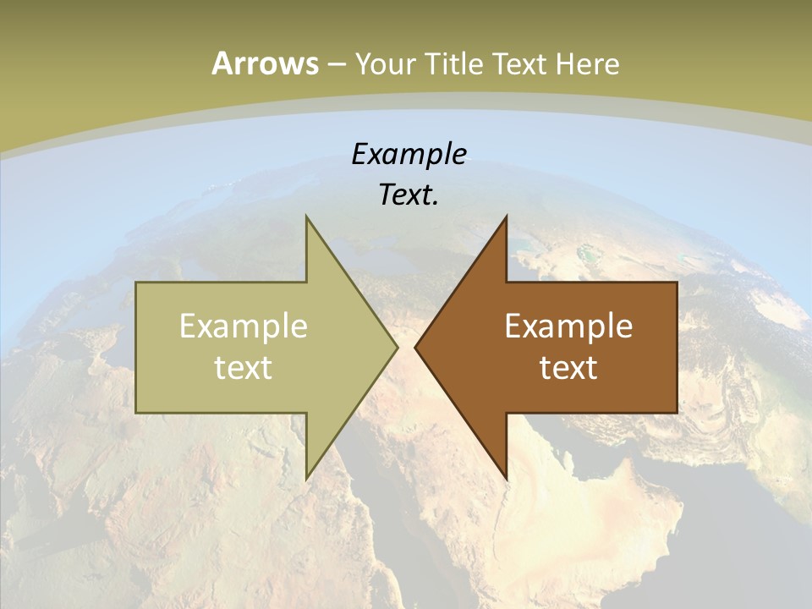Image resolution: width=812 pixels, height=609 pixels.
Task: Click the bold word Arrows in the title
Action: coord(265,63)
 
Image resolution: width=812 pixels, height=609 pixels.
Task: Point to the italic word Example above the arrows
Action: coord(409,155)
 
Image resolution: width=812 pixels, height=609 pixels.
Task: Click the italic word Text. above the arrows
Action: coord(409,195)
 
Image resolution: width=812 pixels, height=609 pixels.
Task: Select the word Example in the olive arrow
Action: coord(244,326)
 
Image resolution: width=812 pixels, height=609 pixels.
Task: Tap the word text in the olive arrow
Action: coord(244,367)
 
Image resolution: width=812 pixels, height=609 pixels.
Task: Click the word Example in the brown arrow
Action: coord(568,326)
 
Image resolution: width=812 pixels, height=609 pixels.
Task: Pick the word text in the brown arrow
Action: coord(568,367)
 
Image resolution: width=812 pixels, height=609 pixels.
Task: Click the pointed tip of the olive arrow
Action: coord(397,347)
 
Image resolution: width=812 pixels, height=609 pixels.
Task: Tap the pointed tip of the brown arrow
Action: coord(415,347)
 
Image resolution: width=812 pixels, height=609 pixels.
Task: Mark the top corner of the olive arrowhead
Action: coord(306,217)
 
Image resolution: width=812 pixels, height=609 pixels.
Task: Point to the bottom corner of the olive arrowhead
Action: coord(306,479)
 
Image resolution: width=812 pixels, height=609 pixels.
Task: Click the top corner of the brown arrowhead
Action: coord(506,217)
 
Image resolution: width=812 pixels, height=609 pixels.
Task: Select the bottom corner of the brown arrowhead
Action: coord(506,479)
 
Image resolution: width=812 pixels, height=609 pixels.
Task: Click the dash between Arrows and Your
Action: coord(336,64)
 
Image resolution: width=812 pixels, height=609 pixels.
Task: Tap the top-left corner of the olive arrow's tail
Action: coord(136,283)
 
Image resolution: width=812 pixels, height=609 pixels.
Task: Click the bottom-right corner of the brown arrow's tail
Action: coord(677,413)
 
